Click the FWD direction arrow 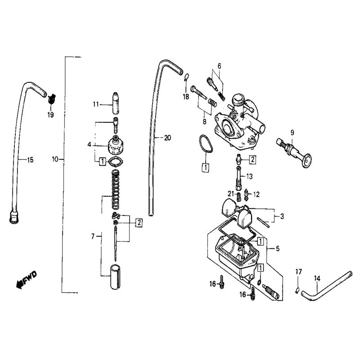pos(26,279)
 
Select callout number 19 pos(50,115)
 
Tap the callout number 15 pos(30,159)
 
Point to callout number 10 pos(55,159)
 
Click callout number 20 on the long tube pos(167,138)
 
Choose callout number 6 pos(219,66)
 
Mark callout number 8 pos(204,121)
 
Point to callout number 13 pos(250,175)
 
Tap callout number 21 pos(230,193)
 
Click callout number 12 pos(256,194)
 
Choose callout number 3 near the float pos(282,216)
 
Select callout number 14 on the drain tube pos(317,278)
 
